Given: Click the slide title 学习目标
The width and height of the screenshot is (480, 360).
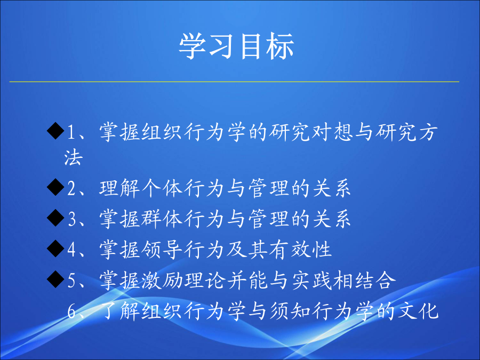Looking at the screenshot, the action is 236,46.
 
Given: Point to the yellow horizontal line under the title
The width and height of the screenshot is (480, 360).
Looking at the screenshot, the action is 234,82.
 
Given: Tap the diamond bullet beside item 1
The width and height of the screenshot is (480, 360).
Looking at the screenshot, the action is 55,131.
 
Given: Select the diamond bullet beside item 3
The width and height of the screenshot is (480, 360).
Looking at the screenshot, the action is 55,218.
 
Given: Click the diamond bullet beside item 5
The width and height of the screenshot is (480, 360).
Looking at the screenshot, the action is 55,279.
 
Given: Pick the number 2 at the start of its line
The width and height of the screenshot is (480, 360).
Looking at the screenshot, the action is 71,188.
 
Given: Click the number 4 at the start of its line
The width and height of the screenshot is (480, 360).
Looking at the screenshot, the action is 71,250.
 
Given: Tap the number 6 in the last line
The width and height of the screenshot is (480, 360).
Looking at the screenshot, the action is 71,311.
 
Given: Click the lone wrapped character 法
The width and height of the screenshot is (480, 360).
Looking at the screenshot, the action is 74,157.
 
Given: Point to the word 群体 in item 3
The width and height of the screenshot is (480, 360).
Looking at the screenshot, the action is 162,219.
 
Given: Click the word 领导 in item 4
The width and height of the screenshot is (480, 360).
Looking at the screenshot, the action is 162,250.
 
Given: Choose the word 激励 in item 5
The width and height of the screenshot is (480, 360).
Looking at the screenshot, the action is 162,280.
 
